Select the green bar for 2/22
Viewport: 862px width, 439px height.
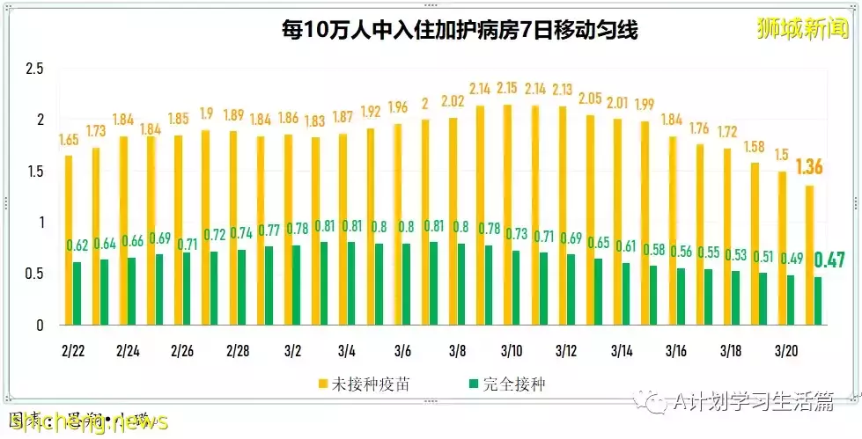click(77, 294)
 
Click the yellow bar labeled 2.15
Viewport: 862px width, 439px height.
click(507, 216)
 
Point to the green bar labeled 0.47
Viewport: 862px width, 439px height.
click(819, 301)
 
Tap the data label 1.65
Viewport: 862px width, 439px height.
click(69, 140)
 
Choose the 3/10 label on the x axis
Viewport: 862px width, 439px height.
click(511, 351)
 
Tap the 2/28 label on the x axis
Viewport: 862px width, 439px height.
click(238, 351)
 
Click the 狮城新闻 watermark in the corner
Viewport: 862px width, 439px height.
click(804, 29)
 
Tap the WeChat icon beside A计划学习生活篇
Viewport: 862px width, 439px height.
click(655, 402)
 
